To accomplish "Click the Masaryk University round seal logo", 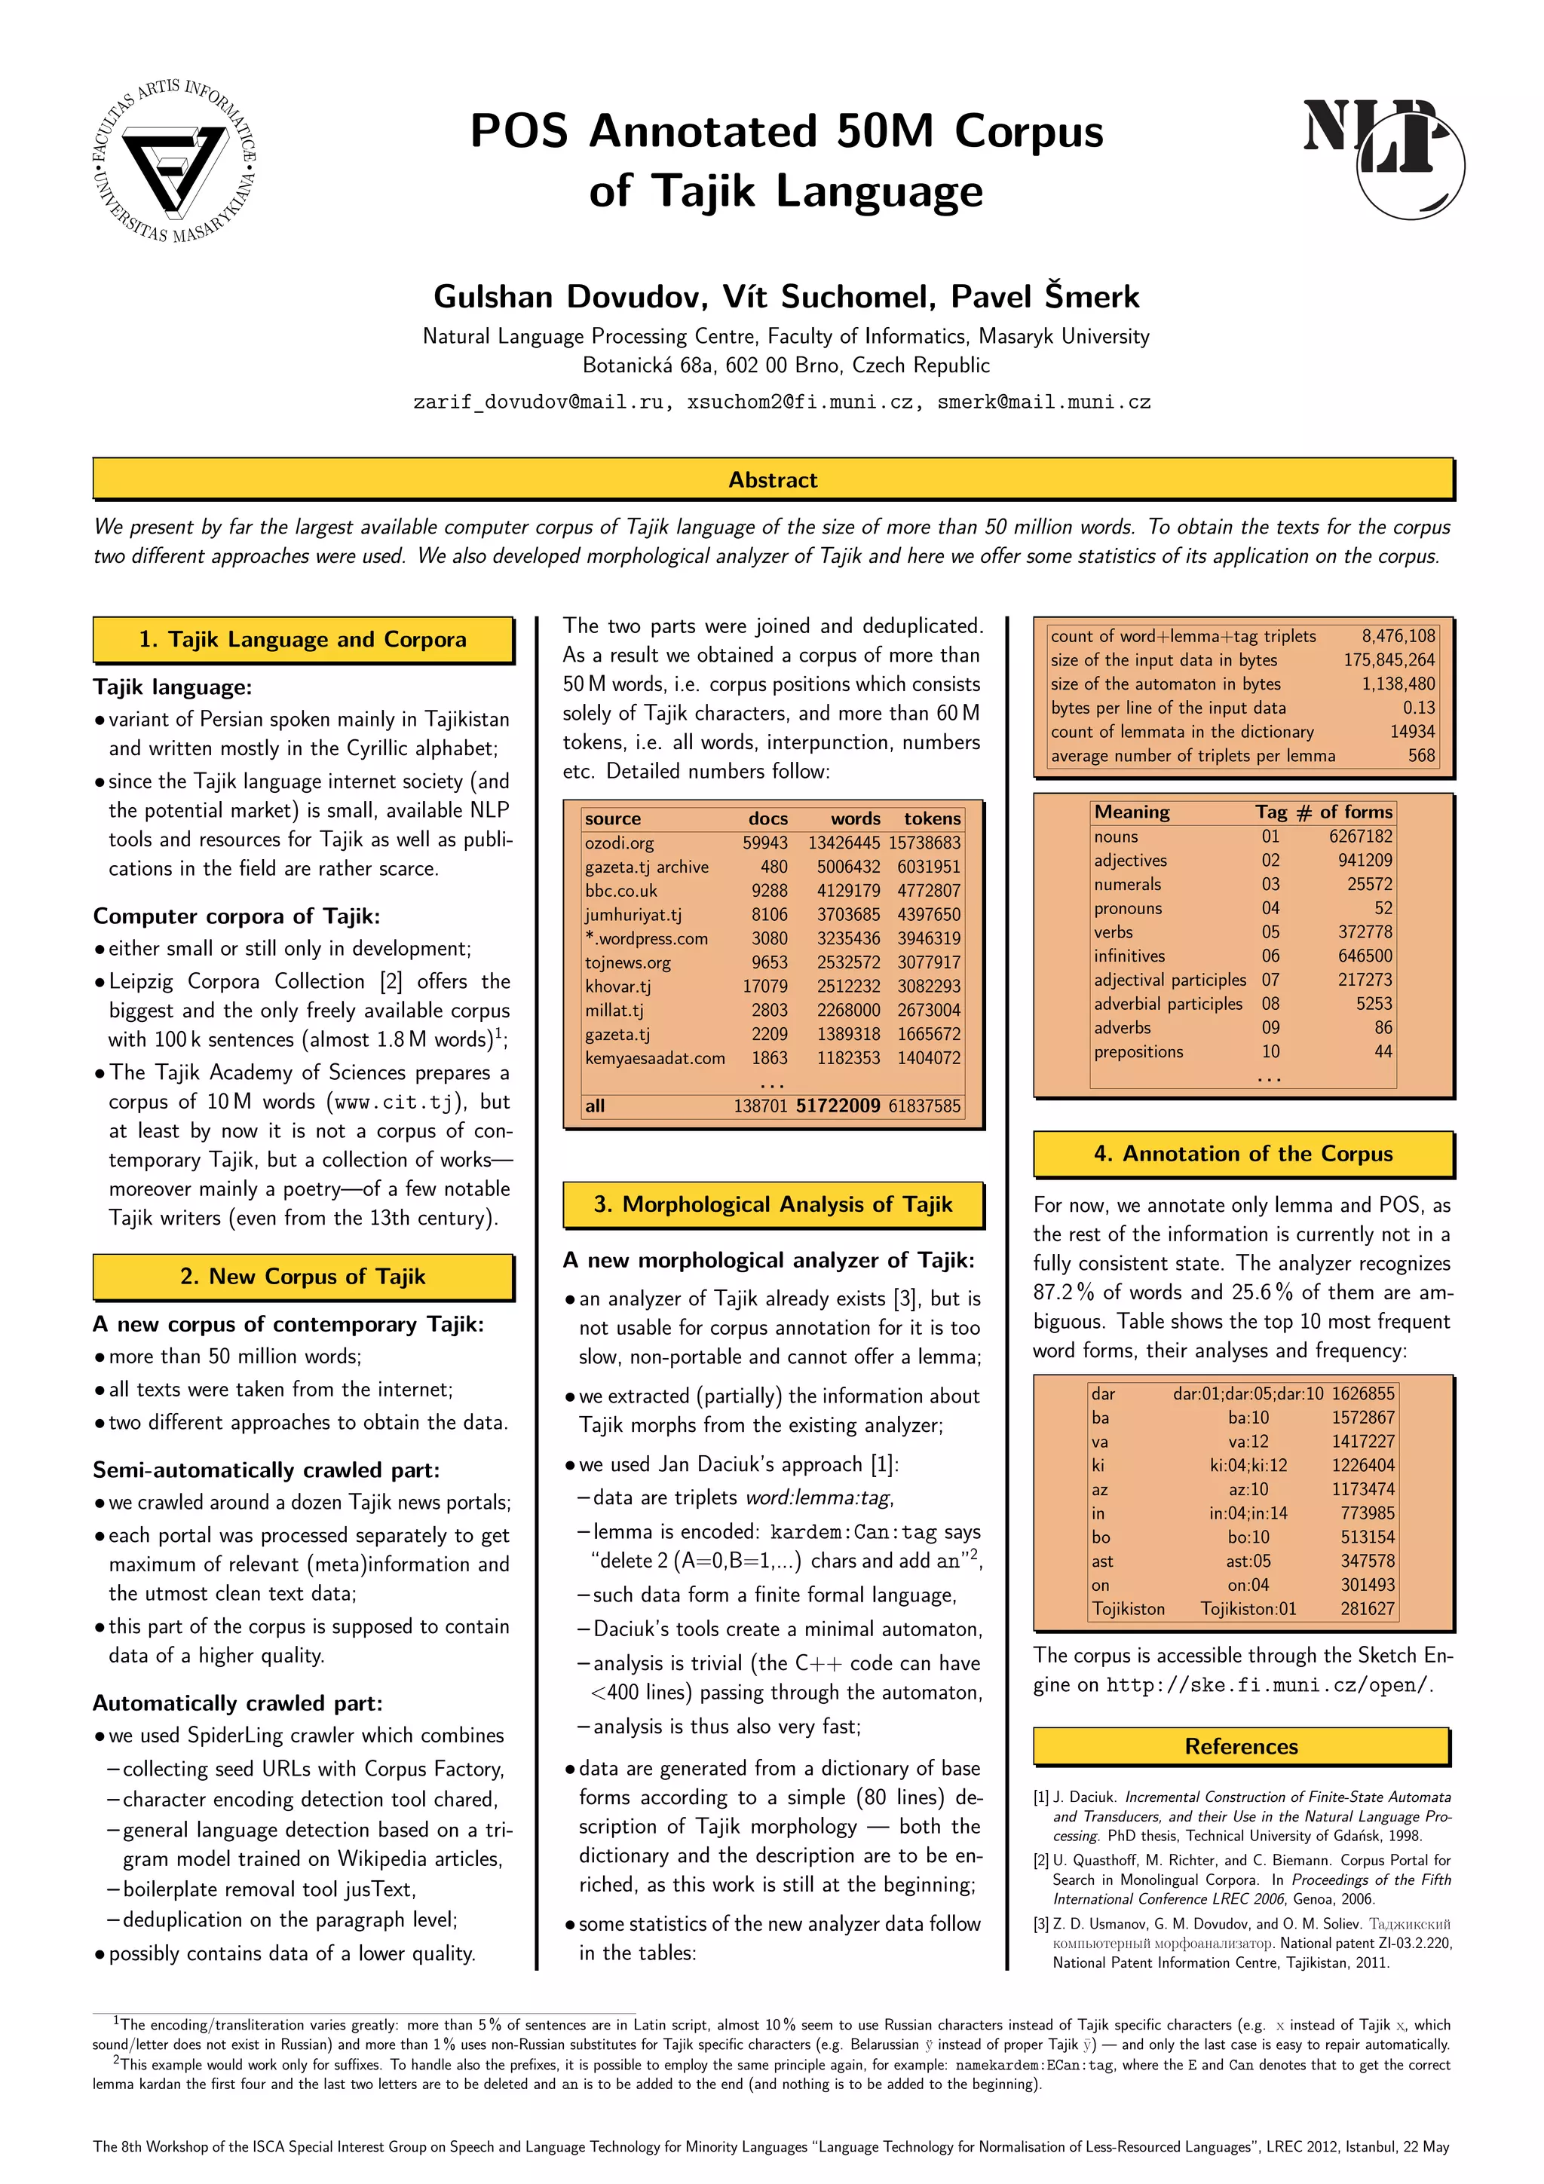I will point(174,159).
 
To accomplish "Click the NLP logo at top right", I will point(1382,153).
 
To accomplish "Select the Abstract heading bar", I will point(773,479).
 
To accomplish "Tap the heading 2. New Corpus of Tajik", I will point(302,1277).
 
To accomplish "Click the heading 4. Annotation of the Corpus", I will point(1242,1154).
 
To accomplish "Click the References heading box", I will point(1240,1746).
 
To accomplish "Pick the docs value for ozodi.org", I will point(765,843).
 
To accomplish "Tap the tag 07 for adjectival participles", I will point(1270,980).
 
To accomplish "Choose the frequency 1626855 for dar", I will point(1362,1393).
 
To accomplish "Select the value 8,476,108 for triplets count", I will point(1398,635).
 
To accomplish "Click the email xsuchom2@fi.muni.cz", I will point(802,402).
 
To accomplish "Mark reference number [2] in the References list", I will point(1042,1860).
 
